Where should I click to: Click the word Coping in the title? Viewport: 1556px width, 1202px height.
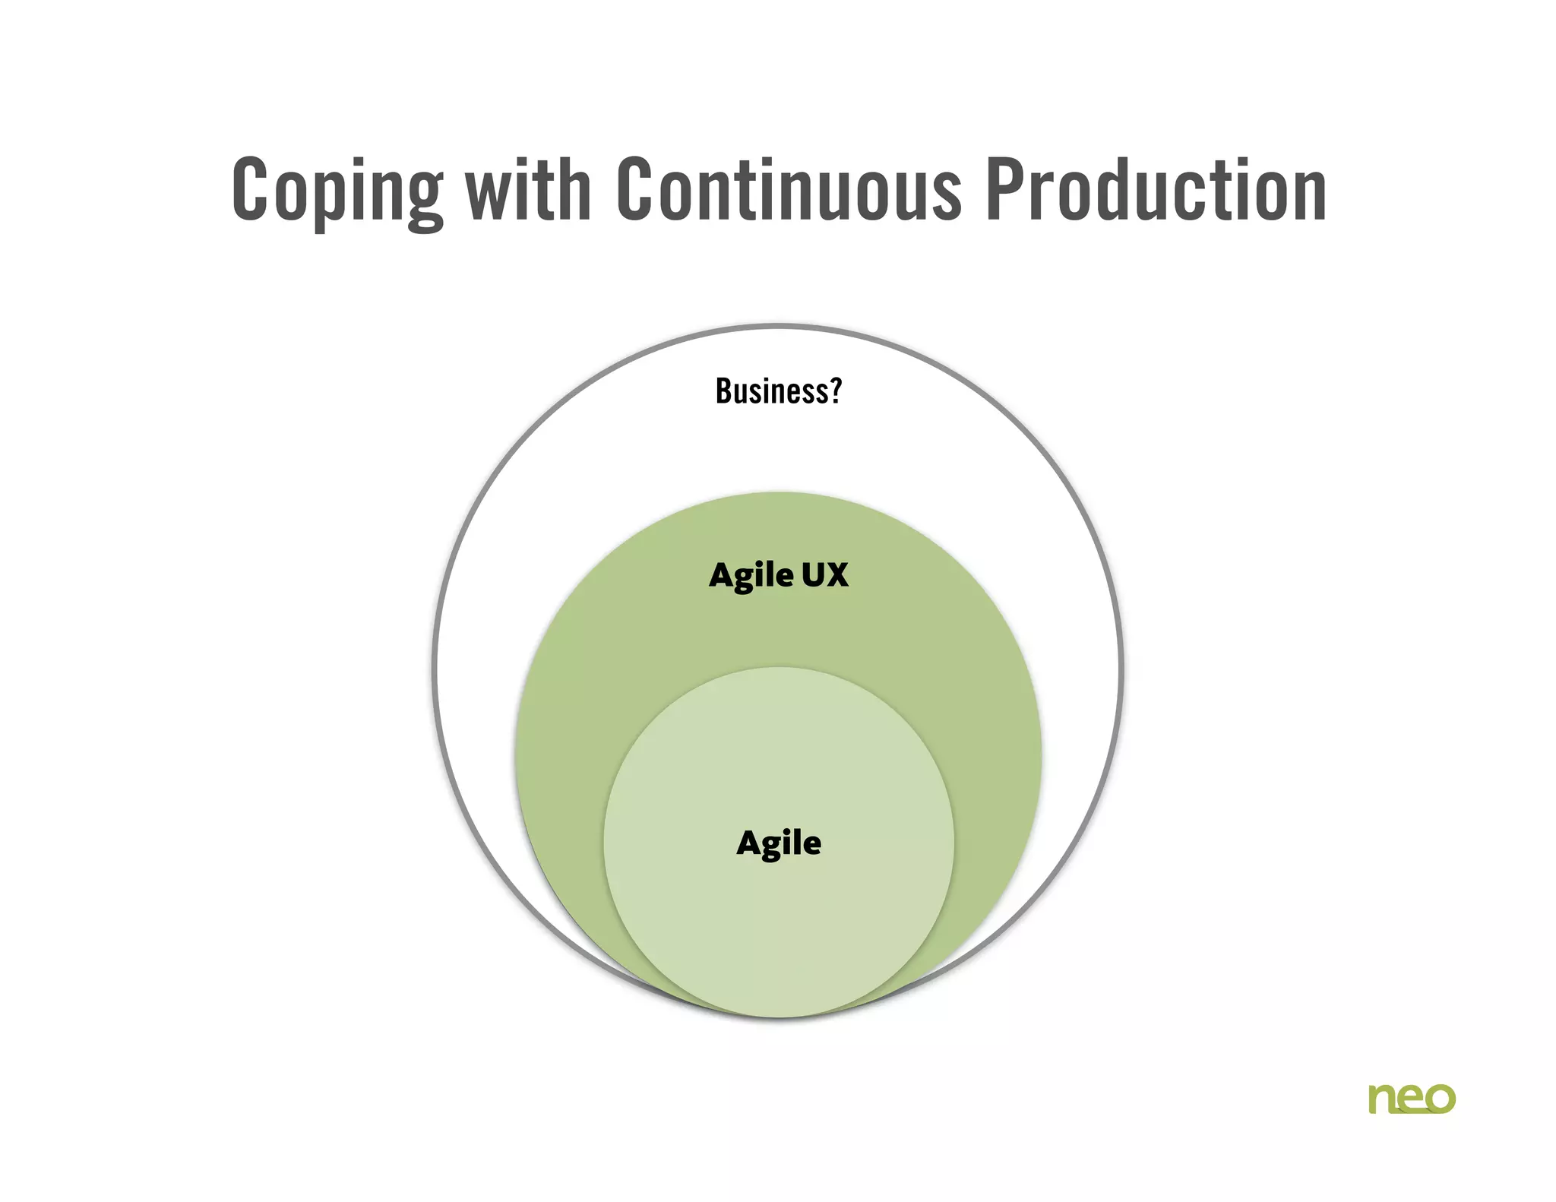pyautogui.click(x=337, y=191)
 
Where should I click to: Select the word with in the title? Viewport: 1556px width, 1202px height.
pyautogui.click(x=529, y=189)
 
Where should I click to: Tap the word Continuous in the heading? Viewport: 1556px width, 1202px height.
pyautogui.click(x=789, y=189)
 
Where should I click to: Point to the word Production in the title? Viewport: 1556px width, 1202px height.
pyautogui.click(x=1156, y=189)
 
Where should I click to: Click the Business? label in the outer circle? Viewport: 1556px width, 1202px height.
pyautogui.click(x=779, y=391)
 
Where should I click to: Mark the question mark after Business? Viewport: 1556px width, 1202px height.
pyautogui.click(x=836, y=391)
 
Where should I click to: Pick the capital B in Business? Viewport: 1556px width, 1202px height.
pyautogui.click(x=724, y=391)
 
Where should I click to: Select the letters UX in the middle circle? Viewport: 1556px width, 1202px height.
pyautogui.click(x=825, y=575)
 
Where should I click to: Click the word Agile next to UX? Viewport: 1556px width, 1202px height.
pyautogui.click(x=751, y=576)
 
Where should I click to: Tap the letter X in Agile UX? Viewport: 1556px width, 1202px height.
pyautogui.click(x=837, y=575)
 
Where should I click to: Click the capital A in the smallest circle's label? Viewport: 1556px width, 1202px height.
pyautogui.click(x=749, y=843)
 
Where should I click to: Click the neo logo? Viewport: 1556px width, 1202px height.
pyautogui.click(x=1412, y=1099)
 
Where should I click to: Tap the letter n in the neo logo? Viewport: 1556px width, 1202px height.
pyautogui.click(x=1382, y=1099)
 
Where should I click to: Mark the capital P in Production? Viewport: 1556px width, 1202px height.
pyautogui.click(x=1004, y=189)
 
